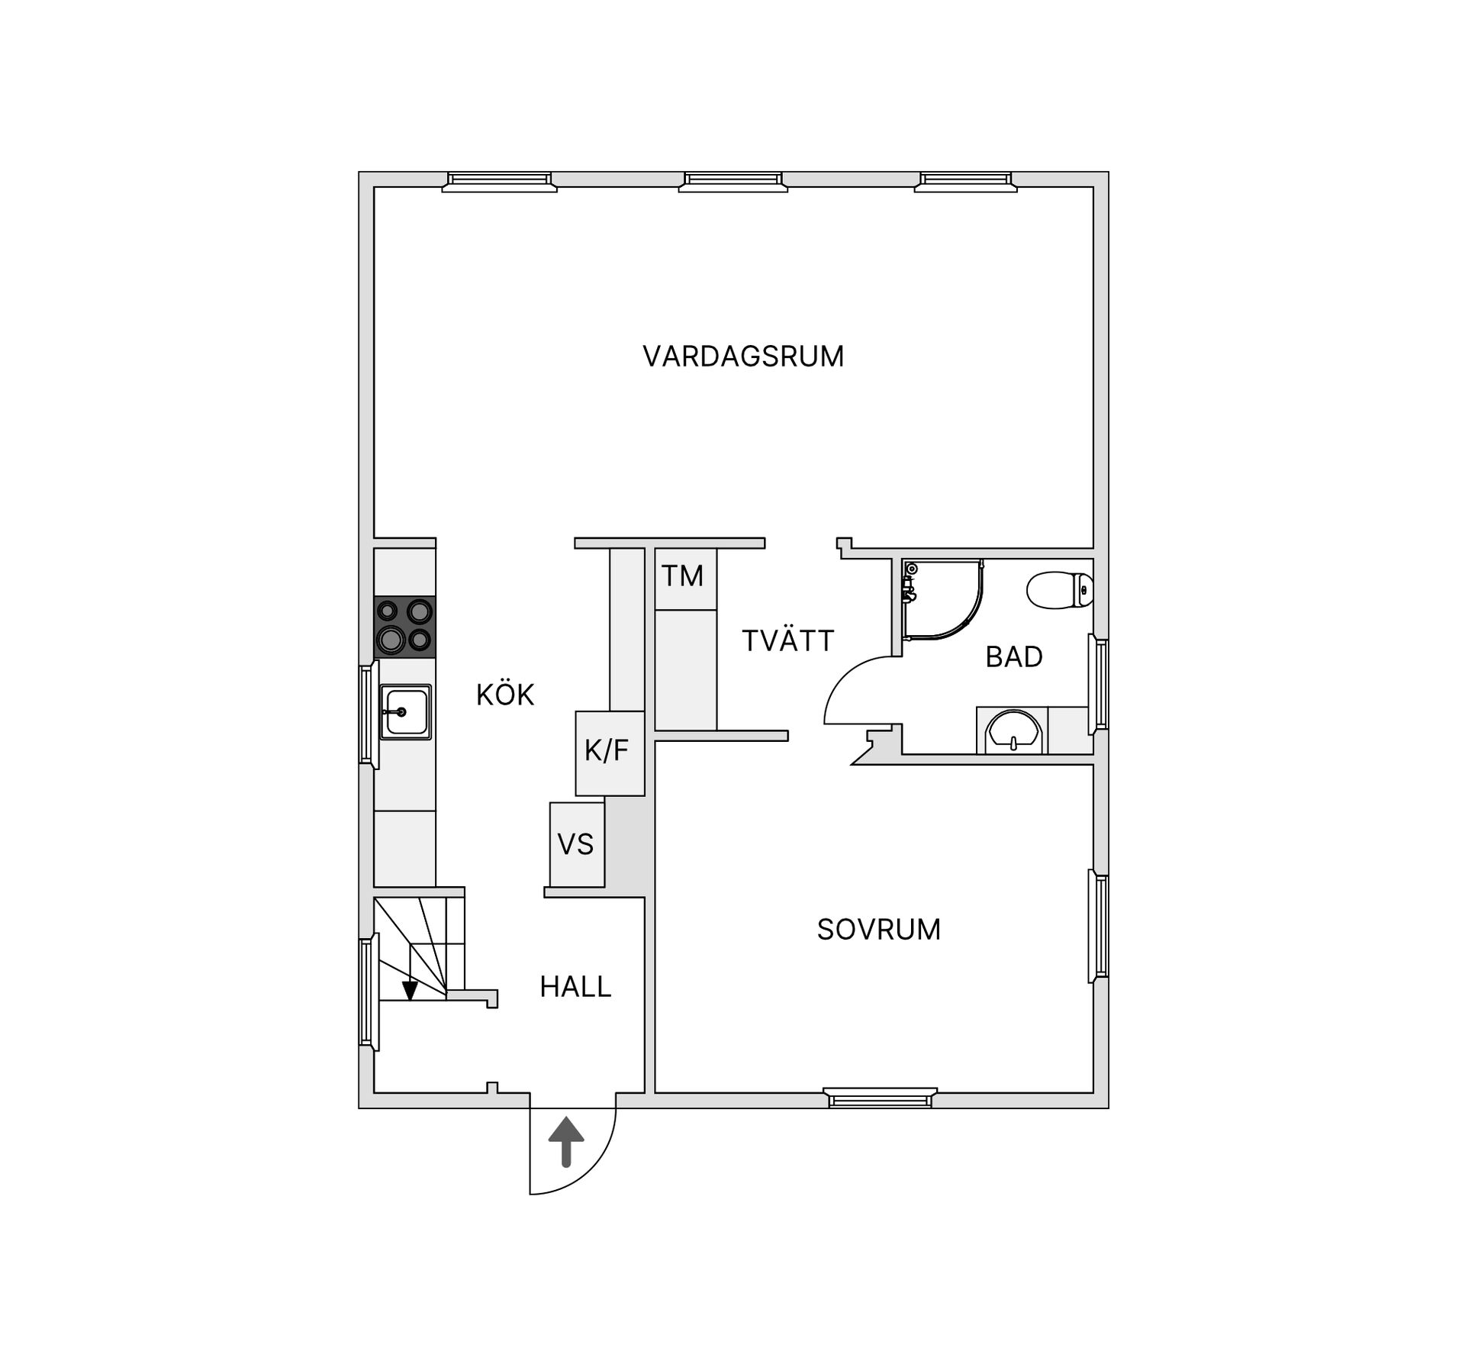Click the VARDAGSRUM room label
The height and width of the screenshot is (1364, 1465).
click(x=743, y=356)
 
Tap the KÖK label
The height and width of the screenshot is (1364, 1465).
click(x=505, y=694)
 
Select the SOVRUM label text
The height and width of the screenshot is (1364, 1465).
click(x=878, y=929)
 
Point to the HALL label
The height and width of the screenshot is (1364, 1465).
click(x=575, y=987)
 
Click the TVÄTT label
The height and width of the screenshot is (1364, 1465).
click(x=788, y=640)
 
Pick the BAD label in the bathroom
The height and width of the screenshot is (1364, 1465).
click(x=1014, y=656)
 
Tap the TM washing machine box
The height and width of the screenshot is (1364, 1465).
click(x=685, y=579)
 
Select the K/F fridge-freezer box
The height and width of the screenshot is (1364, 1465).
click(x=610, y=753)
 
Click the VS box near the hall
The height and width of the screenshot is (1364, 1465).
click(x=577, y=844)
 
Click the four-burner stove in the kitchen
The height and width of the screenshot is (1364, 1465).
click(x=404, y=627)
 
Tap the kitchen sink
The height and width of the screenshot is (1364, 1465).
click(x=405, y=711)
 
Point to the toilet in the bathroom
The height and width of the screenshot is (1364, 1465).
click(x=1060, y=590)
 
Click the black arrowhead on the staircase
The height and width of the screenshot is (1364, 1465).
click(x=410, y=991)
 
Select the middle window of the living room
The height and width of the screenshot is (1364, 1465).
click(x=733, y=182)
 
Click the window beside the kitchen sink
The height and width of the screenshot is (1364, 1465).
click(x=368, y=714)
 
